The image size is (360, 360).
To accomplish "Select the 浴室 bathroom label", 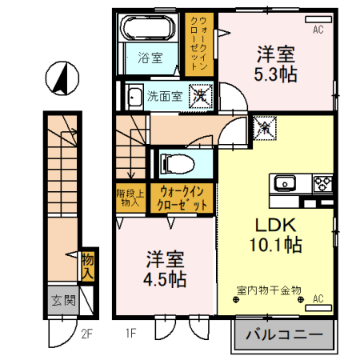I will (x=150, y=58).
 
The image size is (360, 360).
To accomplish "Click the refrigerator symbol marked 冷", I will (x=263, y=126).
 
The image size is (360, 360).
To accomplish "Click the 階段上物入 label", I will (x=127, y=197).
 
